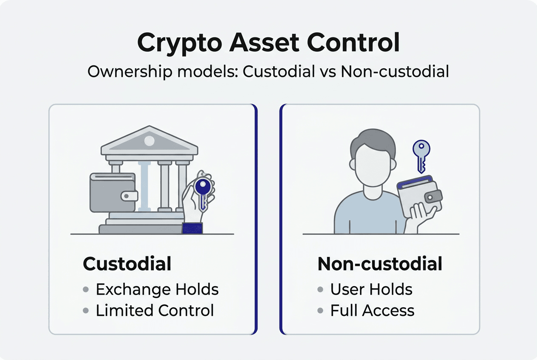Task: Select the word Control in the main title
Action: pyautogui.click(x=350, y=42)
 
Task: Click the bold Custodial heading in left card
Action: pyautogui.click(x=127, y=264)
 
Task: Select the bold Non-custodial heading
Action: pyautogui.click(x=380, y=264)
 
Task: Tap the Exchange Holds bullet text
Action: pyautogui.click(x=157, y=290)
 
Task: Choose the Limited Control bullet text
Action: pyautogui.click(x=155, y=310)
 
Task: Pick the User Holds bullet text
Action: pyautogui.click(x=371, y=290)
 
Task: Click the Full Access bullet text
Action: pyautogui.click(x=372, y=310)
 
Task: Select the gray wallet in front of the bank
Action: pyautogui.click(x=113, y=192)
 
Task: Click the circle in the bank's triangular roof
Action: pyautogui.click(x=149, y=141)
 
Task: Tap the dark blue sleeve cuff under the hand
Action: pyautogui.click(x=192, y=228)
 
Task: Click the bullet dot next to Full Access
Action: pyautogui.click(x=320, y=310)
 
